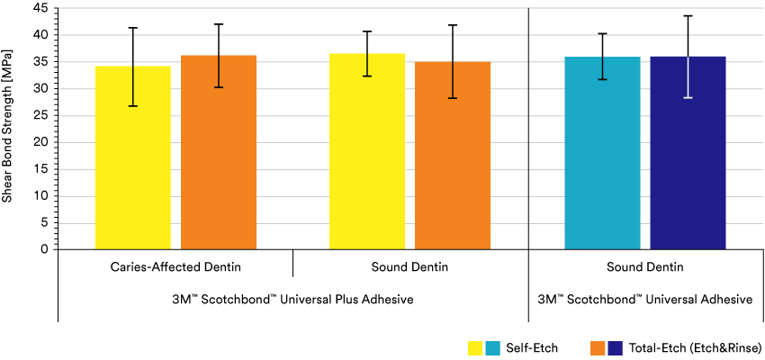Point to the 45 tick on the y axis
click(x=40, y=8)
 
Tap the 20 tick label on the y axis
click(x=40, y=142)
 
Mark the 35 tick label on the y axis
click(x=40, y=62)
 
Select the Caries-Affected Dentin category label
click(x=175, y=267)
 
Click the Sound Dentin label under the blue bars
click(x=644, y=267)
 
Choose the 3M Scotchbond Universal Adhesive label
click(x=644, y=299)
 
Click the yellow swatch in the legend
click(x=476, y=347)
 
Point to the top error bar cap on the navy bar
click(x=688, y=15)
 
